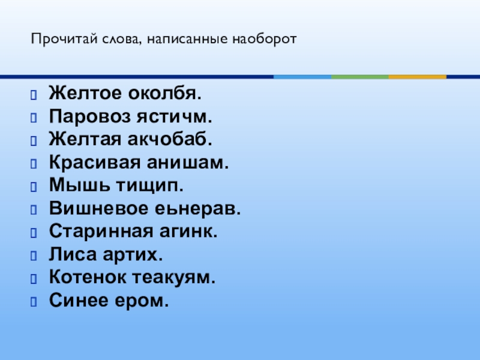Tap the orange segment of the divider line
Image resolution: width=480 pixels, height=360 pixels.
[x=418, y=77]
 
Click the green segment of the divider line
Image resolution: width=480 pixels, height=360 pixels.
[x=360, y=77]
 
